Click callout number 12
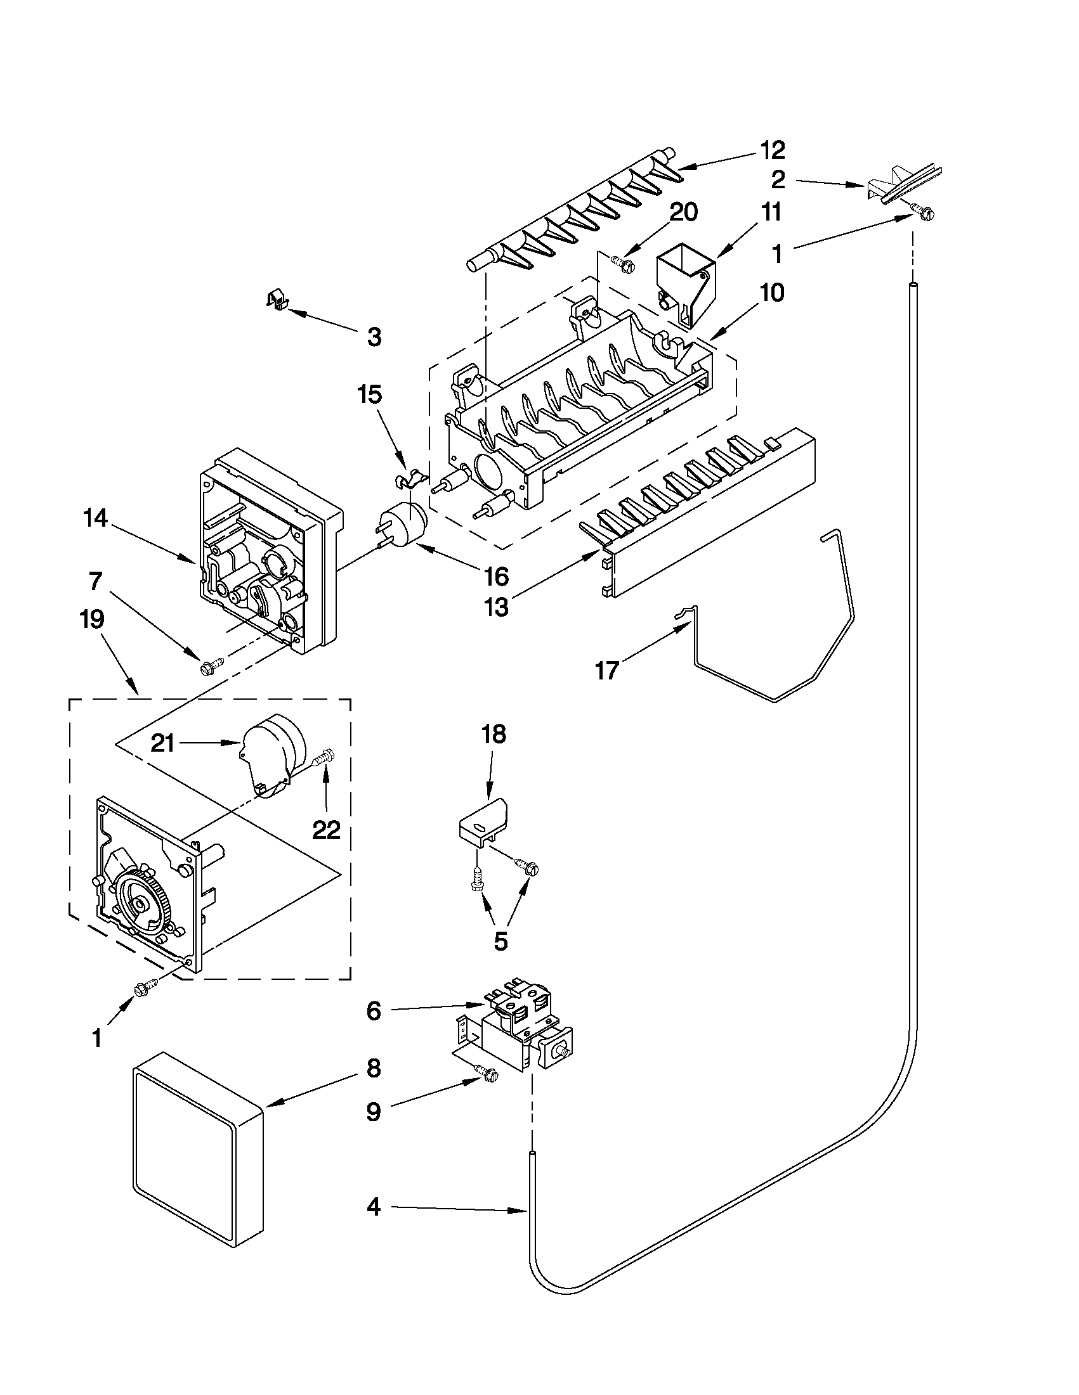click(x=771, y=150)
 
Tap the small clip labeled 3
click(x=275, y=299)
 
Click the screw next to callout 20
click(x=620, y=261)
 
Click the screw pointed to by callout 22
click(x=325, y=759)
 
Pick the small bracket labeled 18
click(x=485, y=823)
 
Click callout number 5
click(x=500, y=941)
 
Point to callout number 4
click(x=374, y=1206)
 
